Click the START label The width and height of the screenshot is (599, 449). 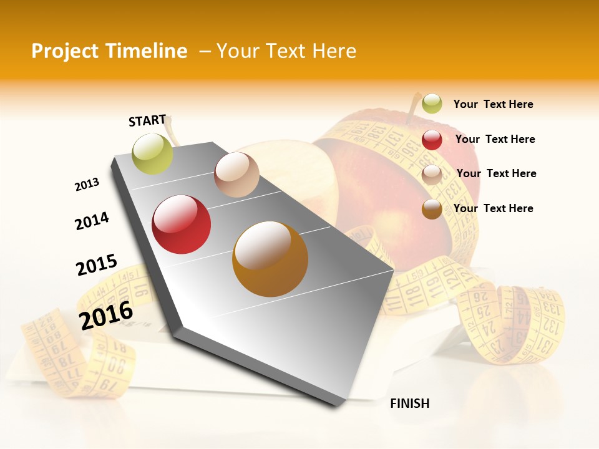147,120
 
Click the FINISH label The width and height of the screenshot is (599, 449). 410,403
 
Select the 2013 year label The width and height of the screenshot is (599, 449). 87,185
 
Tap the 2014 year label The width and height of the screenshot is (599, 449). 92,221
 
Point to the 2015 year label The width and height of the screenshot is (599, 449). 97,264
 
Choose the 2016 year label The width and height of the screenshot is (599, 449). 106,315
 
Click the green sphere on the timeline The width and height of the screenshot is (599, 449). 153,153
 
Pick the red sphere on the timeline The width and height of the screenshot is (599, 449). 182,224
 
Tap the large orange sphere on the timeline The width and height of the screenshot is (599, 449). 270,259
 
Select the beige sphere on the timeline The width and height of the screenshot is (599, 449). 236,175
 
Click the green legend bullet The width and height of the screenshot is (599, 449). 432,104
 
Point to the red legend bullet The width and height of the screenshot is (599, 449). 432,140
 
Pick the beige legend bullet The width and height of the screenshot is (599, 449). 432,175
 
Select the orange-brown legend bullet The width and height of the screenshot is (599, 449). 432,209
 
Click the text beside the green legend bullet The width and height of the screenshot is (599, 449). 493,104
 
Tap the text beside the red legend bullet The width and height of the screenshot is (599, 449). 495,139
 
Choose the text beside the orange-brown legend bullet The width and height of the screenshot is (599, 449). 493,208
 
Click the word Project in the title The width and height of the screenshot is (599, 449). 64,51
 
